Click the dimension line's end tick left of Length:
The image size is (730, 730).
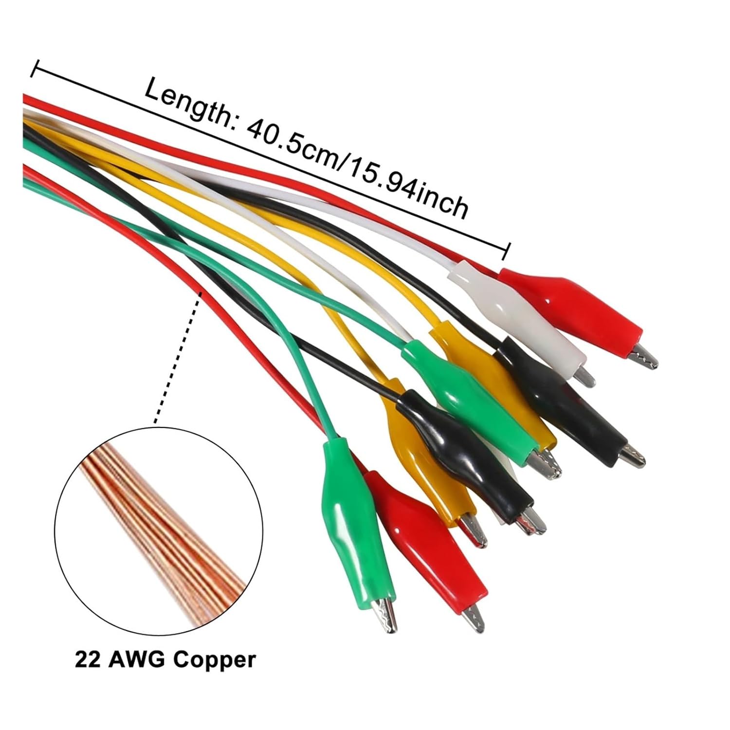pyautogui.click(x=34, y=69)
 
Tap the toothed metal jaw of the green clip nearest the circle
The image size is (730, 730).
pyautogui.click(x=384, y=613)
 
